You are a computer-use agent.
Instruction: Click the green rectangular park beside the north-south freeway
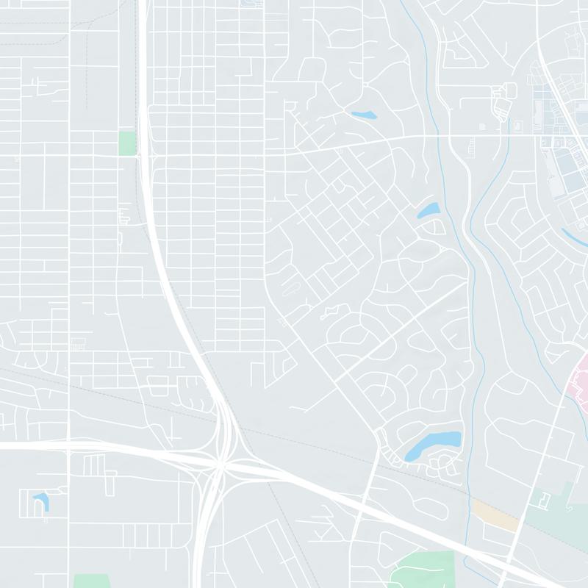click(x=127, y=143)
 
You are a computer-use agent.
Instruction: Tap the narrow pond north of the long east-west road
click(x=363, y=115)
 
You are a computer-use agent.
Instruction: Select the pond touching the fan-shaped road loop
click(x=428, y=211)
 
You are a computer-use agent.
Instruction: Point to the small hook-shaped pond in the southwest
click(x=40, y=502)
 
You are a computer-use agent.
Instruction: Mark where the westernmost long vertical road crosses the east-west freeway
click(x=68, y=445)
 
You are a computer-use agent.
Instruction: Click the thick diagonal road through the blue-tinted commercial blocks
click(x=562, y=110)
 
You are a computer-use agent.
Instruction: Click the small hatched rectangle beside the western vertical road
click(x=76, y=343)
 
